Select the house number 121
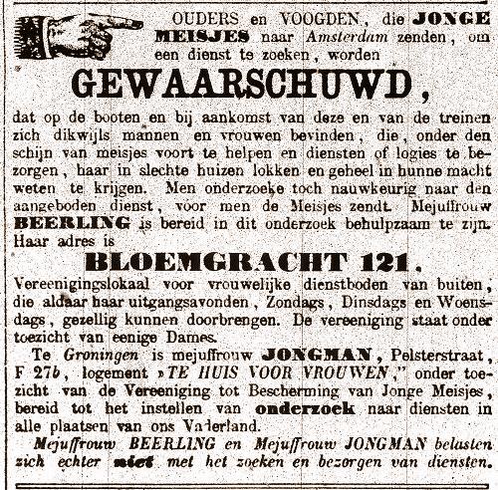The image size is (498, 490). point(382,263)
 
